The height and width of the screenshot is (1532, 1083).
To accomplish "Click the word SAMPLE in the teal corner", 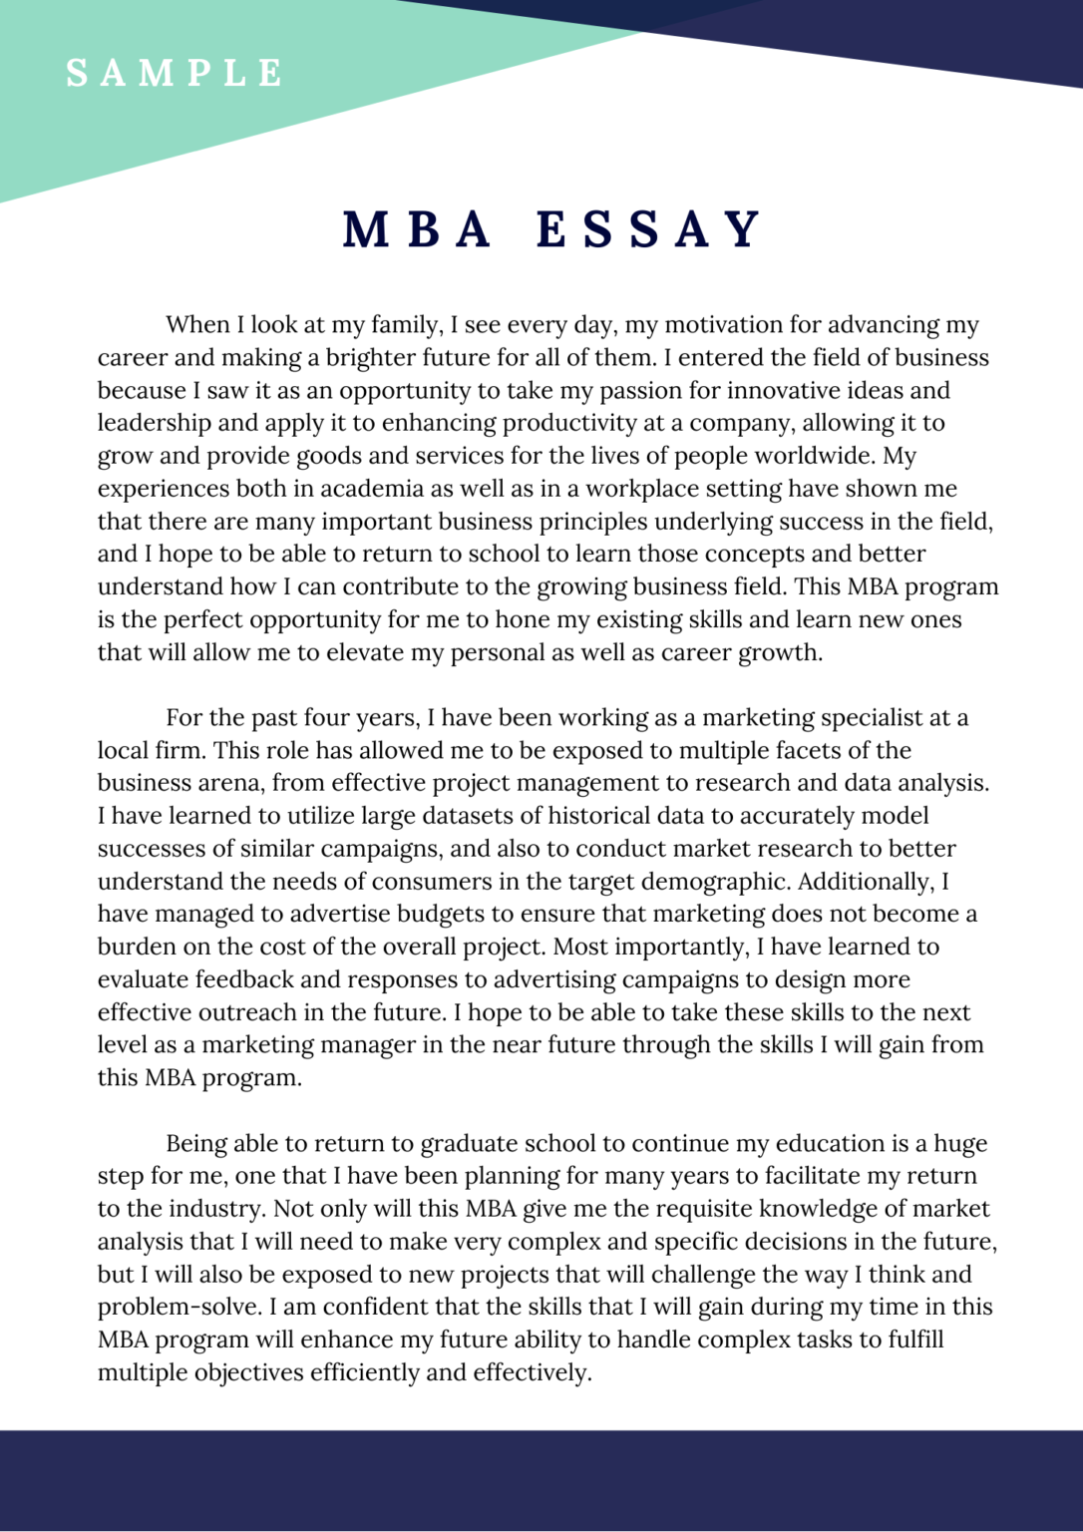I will [176, 73].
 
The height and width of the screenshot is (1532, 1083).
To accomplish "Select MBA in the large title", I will [418, 229].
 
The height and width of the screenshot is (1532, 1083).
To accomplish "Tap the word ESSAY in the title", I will [649, 229].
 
